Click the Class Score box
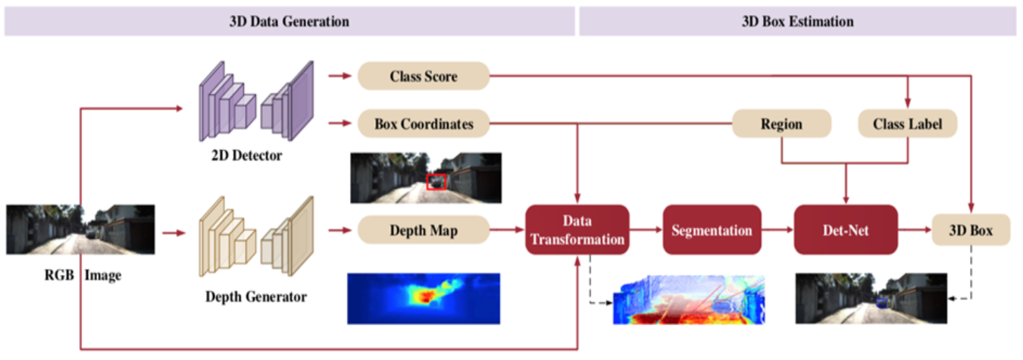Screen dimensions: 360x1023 pyautogui.click(x=423, y=76)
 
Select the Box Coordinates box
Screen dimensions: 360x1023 pyautogui.click(x=423, y=124)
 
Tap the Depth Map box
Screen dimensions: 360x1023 pyautogui.click(x=423, y=230)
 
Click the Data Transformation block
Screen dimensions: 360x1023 pyautogui.click(x=577, y=230)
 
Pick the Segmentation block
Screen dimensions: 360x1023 pyautogui.click(x=711, y=230)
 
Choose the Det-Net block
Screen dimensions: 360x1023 pyautogui.click(x=845, y=230)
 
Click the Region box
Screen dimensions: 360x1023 pyautogui.click(x=781, y=124)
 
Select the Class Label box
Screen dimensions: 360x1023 pyautogui.click(x=907, y=124)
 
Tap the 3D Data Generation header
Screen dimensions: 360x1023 pyautogui.click(x=289, y=21)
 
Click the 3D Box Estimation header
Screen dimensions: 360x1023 pyautogui.click(x=797, y=21)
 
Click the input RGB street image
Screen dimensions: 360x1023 pyautogui.click(x=81, y=230)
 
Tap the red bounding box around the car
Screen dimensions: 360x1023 pyautogui.click(x=436, y=182)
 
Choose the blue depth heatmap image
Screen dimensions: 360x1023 pyautogui.click(x=424, y=298)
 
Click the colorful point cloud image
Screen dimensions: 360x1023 pyautogui.click(x=690, y=300)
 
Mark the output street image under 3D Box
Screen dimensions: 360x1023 pyautogui.click(x=870, y=299)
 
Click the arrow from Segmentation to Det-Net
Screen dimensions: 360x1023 pyautogui.click(x=776, y=230)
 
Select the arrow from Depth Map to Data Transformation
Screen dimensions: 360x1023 pyautogui.click(x=506, y=230)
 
